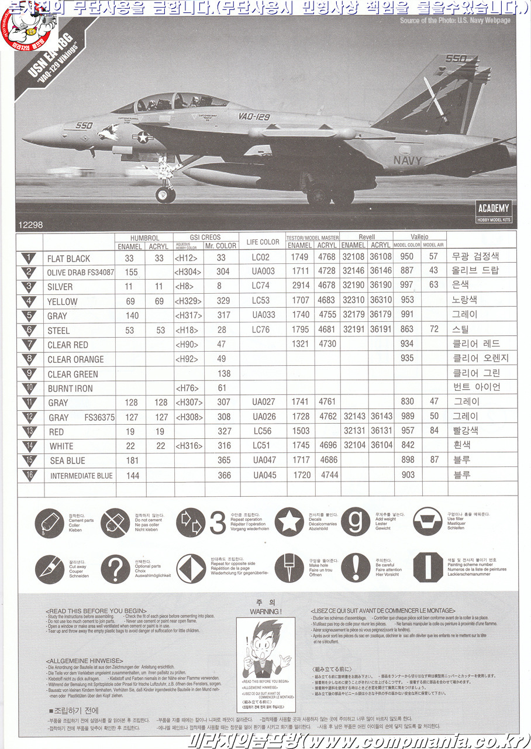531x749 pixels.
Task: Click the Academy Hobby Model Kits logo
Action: pos(494,211)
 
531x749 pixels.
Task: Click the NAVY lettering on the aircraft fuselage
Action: pos(407,160)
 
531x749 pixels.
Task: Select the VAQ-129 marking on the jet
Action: pos(254,116)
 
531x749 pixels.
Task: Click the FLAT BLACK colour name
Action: pos(69,259)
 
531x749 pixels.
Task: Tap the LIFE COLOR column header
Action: pos(263,242)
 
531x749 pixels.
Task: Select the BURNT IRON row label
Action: pos(70,389)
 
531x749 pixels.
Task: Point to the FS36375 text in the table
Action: pos(99,418)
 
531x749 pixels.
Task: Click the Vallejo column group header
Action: pos(419,236)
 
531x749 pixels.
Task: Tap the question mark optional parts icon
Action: pos(115,568)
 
